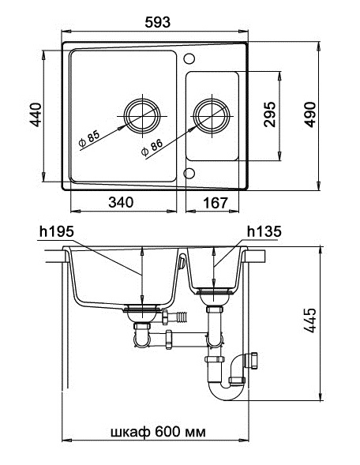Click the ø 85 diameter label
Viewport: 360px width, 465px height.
(88, 139)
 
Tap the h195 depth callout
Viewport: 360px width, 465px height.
(54, 232)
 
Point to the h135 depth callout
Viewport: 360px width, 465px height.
(261, 232)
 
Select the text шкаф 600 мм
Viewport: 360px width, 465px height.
(156, 434)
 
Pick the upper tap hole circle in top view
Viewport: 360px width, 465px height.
(189, 58)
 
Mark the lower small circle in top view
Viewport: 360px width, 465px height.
(189, 173)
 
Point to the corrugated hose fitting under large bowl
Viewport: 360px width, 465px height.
(181, 318)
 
